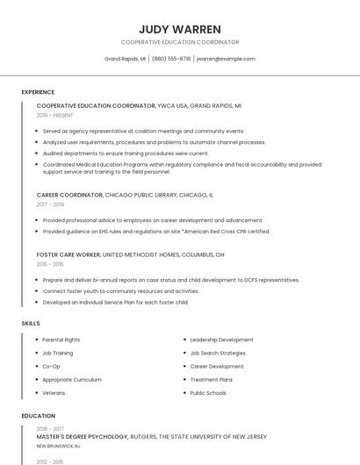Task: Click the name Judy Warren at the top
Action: [x=179, y=29]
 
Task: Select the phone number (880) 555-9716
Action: [x=171, y=59]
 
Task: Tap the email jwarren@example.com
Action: [x=226, y=59]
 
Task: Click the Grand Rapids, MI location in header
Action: [x=125, y=59]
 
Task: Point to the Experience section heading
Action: [x=38, y=92]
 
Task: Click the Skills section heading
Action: [x=31, y=324]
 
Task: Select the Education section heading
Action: [x=38, y=416]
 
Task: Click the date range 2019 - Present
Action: [x=54, y=115]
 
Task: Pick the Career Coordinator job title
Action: [x=69, y=195]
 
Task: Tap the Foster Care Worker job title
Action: [x=68, y=254]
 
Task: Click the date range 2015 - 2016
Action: [x=50, y=264]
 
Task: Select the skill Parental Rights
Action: [x=61, y=340]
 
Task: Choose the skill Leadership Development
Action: [x=221, y=340]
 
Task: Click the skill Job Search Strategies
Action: [x=218, y=353]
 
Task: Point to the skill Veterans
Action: [x=54, y=393]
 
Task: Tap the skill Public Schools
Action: [x=208, y=393]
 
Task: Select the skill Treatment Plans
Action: [x=211, y=380]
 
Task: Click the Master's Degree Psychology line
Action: [x=83, y=436]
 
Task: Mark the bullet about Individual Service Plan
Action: [x=115, y=303]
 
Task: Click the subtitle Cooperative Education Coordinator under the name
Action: [x=179, y=42]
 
